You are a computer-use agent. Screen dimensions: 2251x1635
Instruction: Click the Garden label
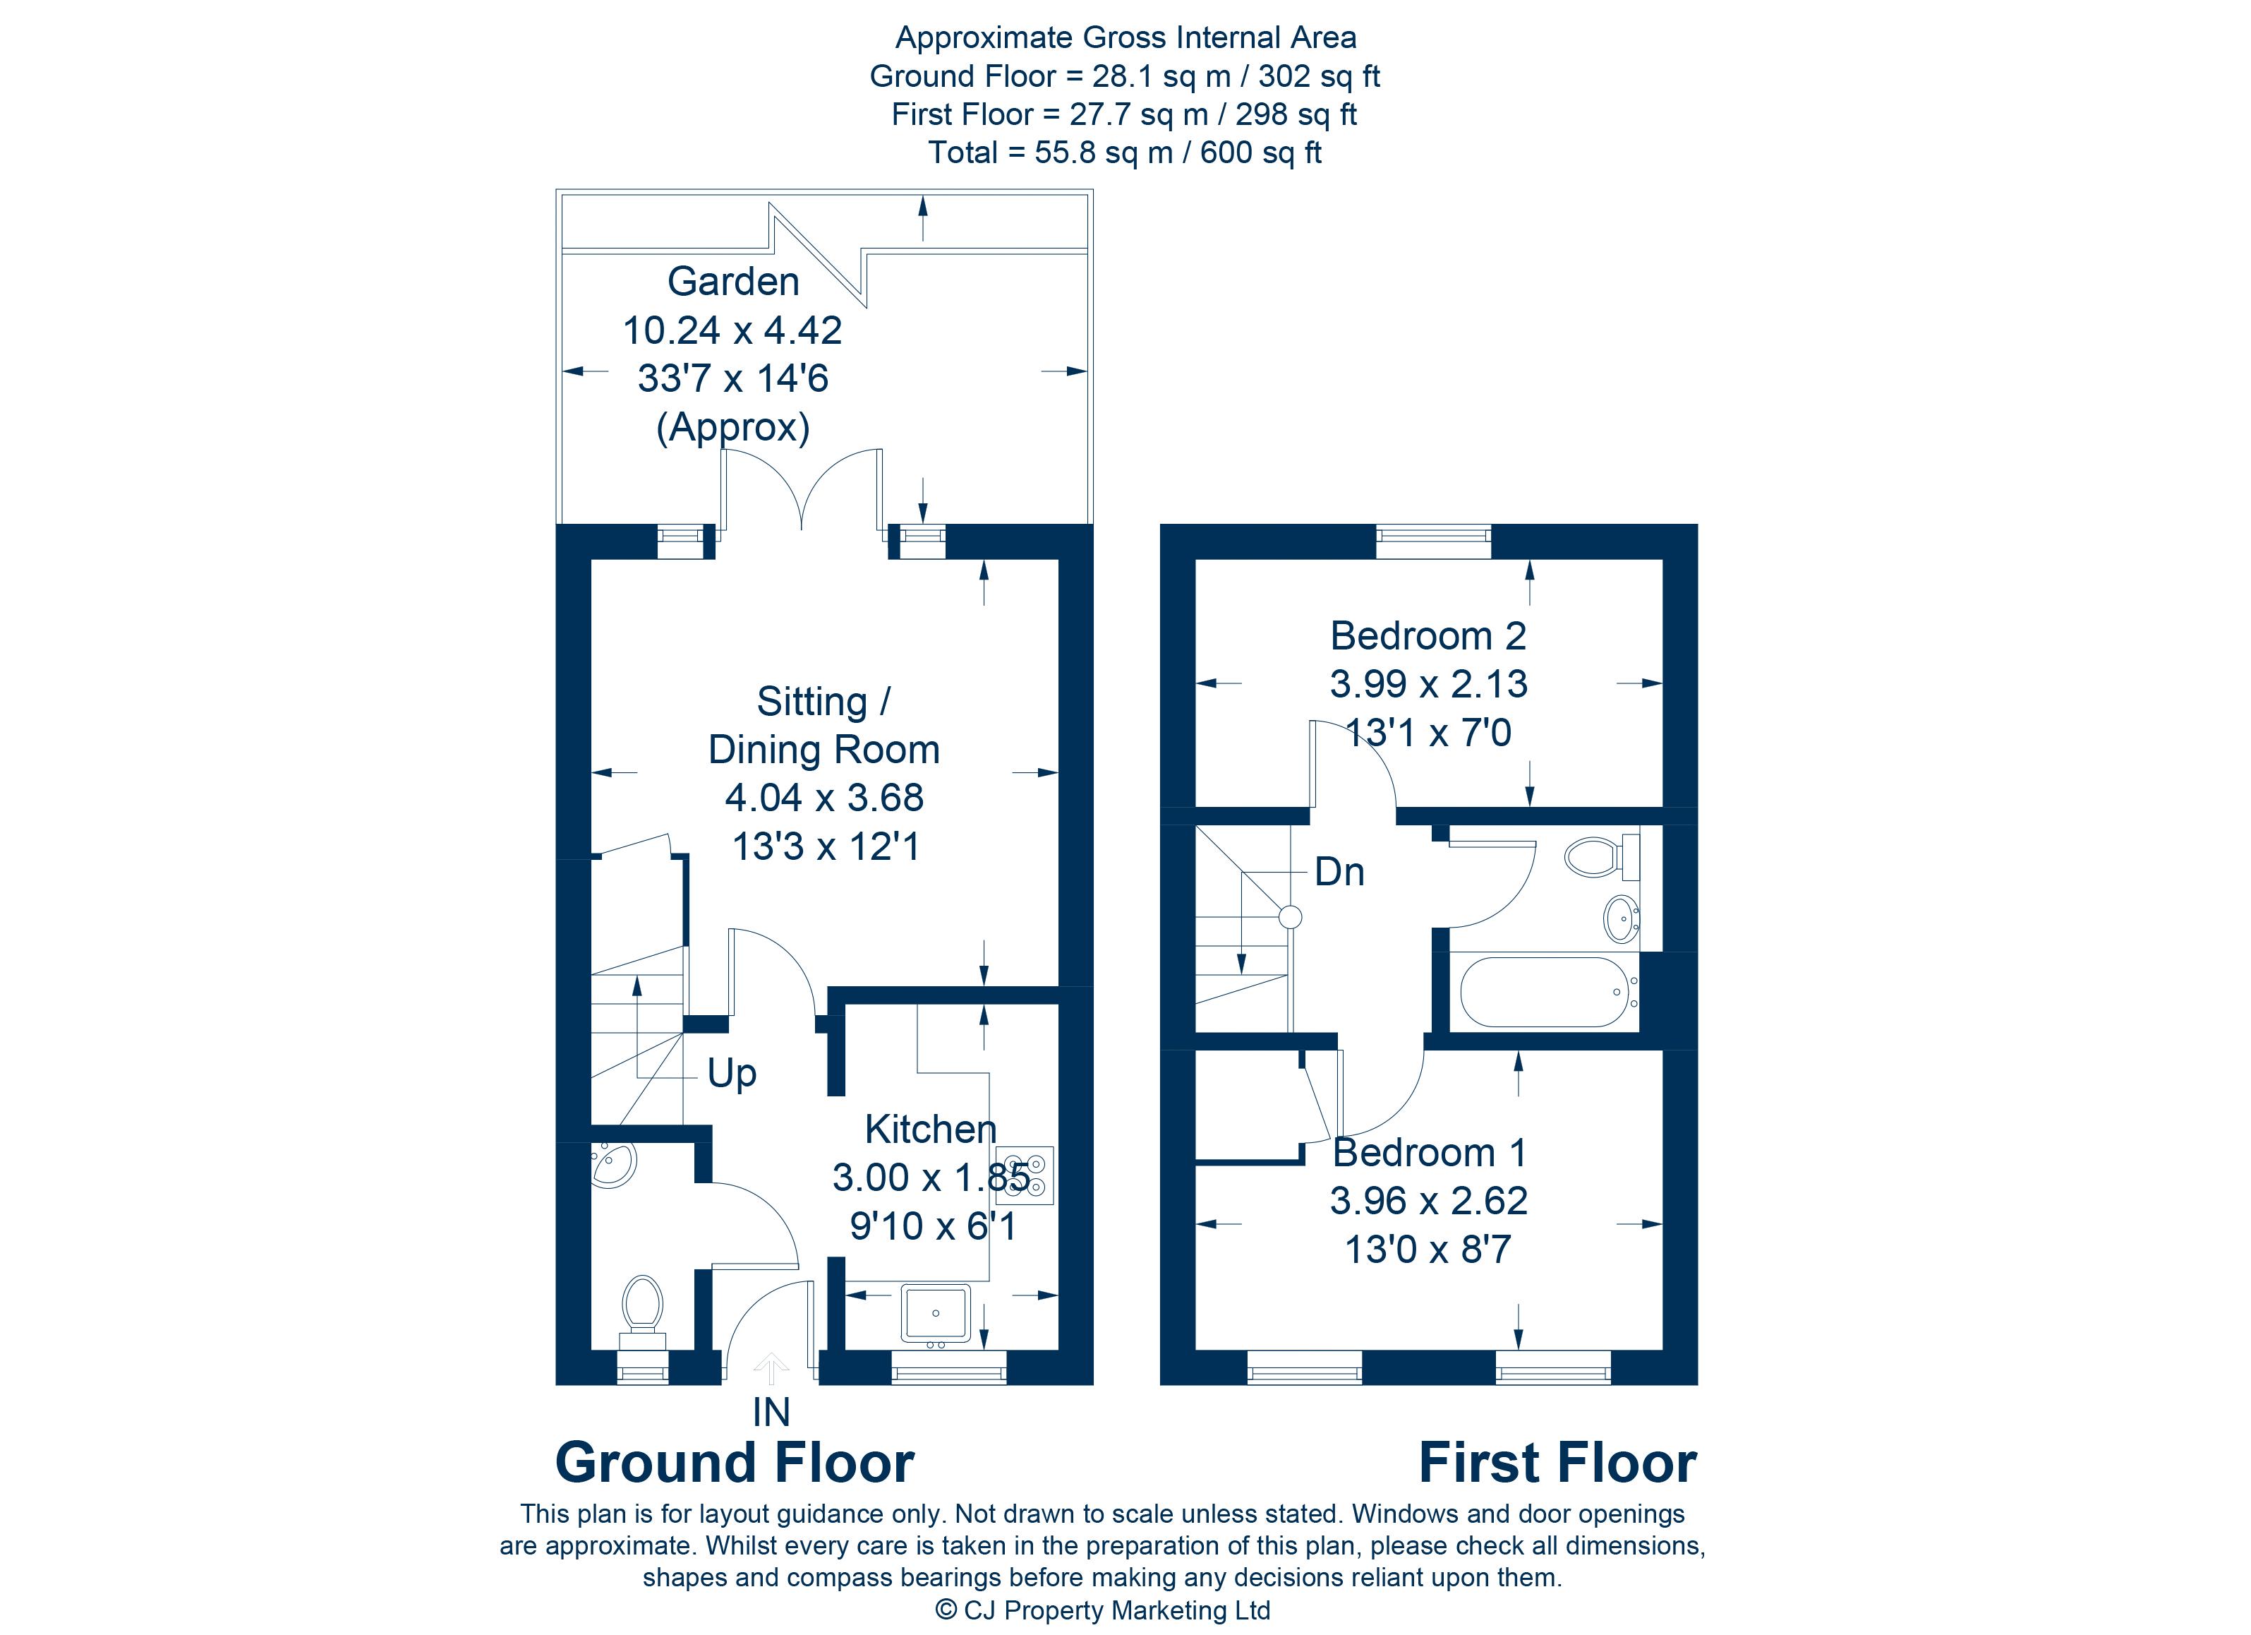tap(732, 281)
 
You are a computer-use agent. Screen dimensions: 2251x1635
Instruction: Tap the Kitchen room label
tap(930, 1129)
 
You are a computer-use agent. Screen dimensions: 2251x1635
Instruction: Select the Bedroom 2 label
tap(1428, 635)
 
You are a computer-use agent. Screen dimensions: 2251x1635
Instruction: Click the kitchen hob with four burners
tap(1025, 1176)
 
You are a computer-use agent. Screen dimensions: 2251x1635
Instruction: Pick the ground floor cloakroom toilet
tap(642, 1310)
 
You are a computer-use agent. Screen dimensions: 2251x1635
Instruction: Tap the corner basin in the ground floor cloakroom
tap(610, 1163)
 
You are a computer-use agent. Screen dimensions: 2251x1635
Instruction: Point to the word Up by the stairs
tap(732, 1074)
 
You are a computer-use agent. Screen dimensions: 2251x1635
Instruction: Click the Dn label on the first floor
tap(1339, 872)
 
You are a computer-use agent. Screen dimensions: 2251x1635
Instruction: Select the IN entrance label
tap(771, 1413)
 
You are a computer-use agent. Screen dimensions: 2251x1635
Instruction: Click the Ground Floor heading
tap(735, 1463)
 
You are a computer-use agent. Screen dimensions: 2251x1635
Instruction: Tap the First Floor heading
tap(1557, 1463)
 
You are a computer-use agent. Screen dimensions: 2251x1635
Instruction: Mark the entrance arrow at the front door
tap(771, 1370)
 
